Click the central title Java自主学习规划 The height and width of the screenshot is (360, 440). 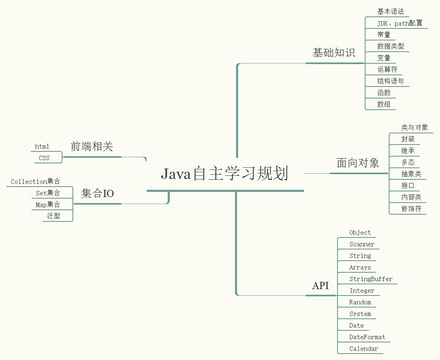click(225, 174)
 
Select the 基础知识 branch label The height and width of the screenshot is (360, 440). click(334, 53)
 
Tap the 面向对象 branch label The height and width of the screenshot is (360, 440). click(358, 163)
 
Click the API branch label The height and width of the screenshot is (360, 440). click(320, 286)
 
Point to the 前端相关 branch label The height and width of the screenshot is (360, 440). click(92, 147)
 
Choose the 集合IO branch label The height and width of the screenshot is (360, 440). click(97, 194)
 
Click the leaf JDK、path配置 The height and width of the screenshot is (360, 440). click(400, 23)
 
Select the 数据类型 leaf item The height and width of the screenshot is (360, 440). click(390, 46)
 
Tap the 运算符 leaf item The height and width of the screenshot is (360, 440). click(387, 69)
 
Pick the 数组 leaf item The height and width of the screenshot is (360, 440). click(384, 104)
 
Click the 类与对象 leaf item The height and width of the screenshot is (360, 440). click(415, 127)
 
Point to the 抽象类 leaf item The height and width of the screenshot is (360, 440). click(411, 174)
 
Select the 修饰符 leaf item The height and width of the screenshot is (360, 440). click(411, 209)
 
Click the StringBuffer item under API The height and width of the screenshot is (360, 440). click(371, 279)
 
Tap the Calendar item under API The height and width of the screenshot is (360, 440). click(363, 349)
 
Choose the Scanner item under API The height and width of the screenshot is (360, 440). click(362, 244)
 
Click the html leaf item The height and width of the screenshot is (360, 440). click(42, 147)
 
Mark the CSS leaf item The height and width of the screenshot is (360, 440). click(44, 158)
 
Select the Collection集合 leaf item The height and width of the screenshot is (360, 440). click(36, 182)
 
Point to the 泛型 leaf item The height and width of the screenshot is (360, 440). click(54, 216)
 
